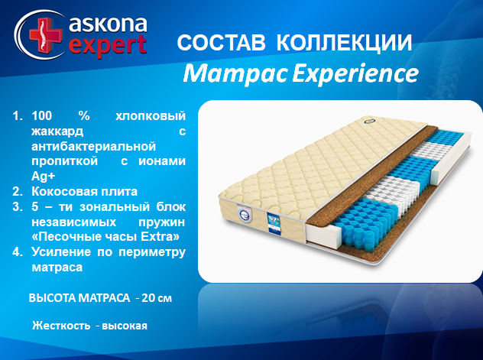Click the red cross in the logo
coord(45,34)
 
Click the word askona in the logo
coord(108,24)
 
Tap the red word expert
coord(108,46)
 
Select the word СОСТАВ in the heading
coord(221,43)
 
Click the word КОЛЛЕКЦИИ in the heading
coord(344,43)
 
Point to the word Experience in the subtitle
coord(355,73)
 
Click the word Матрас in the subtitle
coord(235,74)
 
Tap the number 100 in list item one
coord(42,115)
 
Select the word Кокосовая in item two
coord(60,192)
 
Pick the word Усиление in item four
coord(61,252)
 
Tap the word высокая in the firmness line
coord(125,326)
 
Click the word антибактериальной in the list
coord(94,146)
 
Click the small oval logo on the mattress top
coord(368,122)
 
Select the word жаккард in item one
coord(57,131)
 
